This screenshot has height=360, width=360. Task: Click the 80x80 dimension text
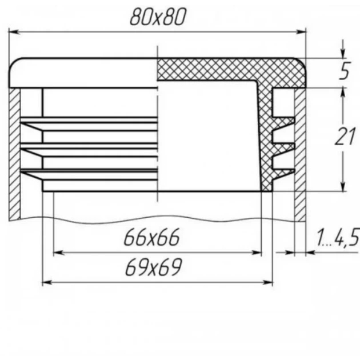pyautogui.click(x=158, y=17)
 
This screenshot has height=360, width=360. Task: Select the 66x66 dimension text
pyautogui.click(x=151, y=237)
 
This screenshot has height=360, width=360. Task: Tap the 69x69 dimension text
pyautogui.click(x=154, y=267)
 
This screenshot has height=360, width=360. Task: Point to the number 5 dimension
pyautogui.click(x=345, y=70)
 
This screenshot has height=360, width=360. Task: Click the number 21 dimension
pyautogui.click(x=345, y=136)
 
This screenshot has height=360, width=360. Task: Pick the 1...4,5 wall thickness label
pyautogui.click(x=338, y=237)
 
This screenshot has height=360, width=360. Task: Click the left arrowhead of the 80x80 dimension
pyautogui.click(x=14, y=32)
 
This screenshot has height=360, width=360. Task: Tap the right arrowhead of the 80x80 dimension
pyautogui.click(x=301, y=32)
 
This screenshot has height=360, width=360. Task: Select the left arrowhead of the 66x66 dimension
pyautogui.click(x=59, y=253)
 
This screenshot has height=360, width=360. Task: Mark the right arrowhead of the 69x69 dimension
pyautogui.click(x=267, y=282)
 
